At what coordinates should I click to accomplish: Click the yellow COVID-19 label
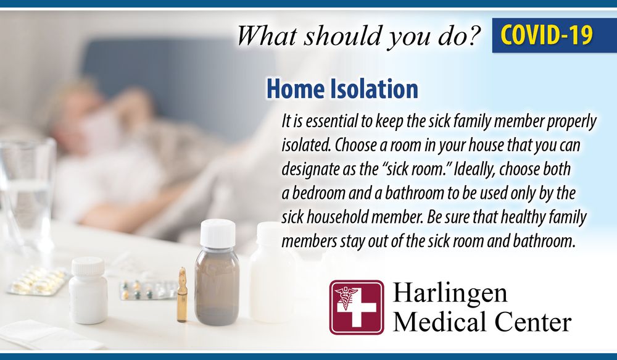[546, 35]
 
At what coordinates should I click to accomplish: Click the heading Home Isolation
[342, 89]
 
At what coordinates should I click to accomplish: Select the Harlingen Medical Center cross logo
[357, 308]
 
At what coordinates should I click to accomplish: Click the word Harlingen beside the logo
[450, 294]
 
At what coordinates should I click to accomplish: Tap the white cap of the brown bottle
[218, 233]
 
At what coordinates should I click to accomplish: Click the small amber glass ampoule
[182, 295]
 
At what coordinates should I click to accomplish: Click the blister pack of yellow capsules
[38, 280]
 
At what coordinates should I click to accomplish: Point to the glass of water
[26, 194]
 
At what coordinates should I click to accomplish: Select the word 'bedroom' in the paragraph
[320, 193]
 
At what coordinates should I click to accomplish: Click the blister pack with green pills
[147, 290]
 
